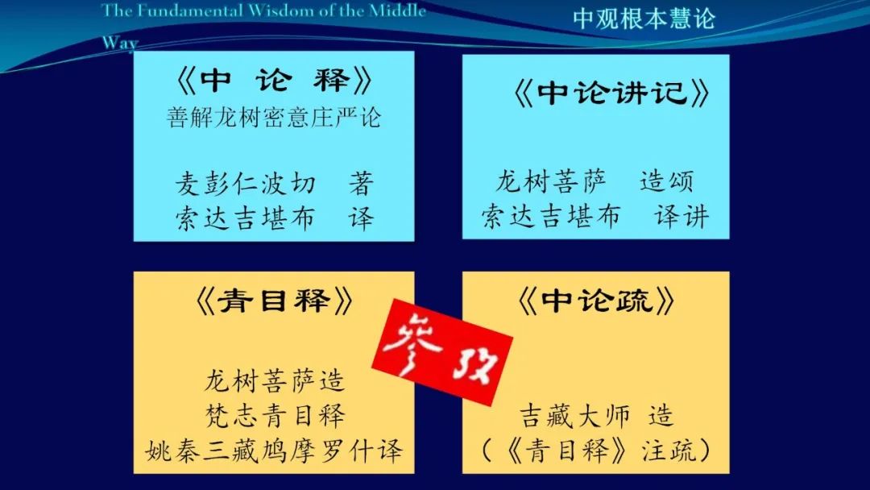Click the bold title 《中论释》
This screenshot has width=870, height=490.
(x=274, y=81)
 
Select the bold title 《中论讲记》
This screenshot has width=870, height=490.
(x=611, y=92)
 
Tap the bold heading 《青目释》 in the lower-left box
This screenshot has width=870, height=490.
(x=274, y=301)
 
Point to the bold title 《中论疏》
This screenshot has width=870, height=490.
(x=596, y=301)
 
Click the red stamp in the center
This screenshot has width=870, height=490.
(x=442, y=352)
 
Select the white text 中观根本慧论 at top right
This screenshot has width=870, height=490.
(x=644, y=19)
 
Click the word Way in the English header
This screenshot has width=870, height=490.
(x=120, y=42)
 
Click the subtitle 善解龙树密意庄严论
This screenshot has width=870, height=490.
(x=274, y=118)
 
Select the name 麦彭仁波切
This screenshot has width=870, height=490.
(x=246, y=184)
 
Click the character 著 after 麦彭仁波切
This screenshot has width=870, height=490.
(x=361, y=184)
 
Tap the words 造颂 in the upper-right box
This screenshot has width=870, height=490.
(x=666, y=181)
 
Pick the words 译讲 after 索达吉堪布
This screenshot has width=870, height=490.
(x=681, y=217)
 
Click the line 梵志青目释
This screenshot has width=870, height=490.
(x=275, y=415)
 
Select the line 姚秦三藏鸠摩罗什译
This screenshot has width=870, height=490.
(x=274, y=451)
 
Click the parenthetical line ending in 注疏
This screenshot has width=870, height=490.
(x=596, y=450)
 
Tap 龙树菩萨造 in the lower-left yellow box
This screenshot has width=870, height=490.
(x=275, y=380)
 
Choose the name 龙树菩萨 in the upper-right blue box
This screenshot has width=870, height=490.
(x=551, y=181)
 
